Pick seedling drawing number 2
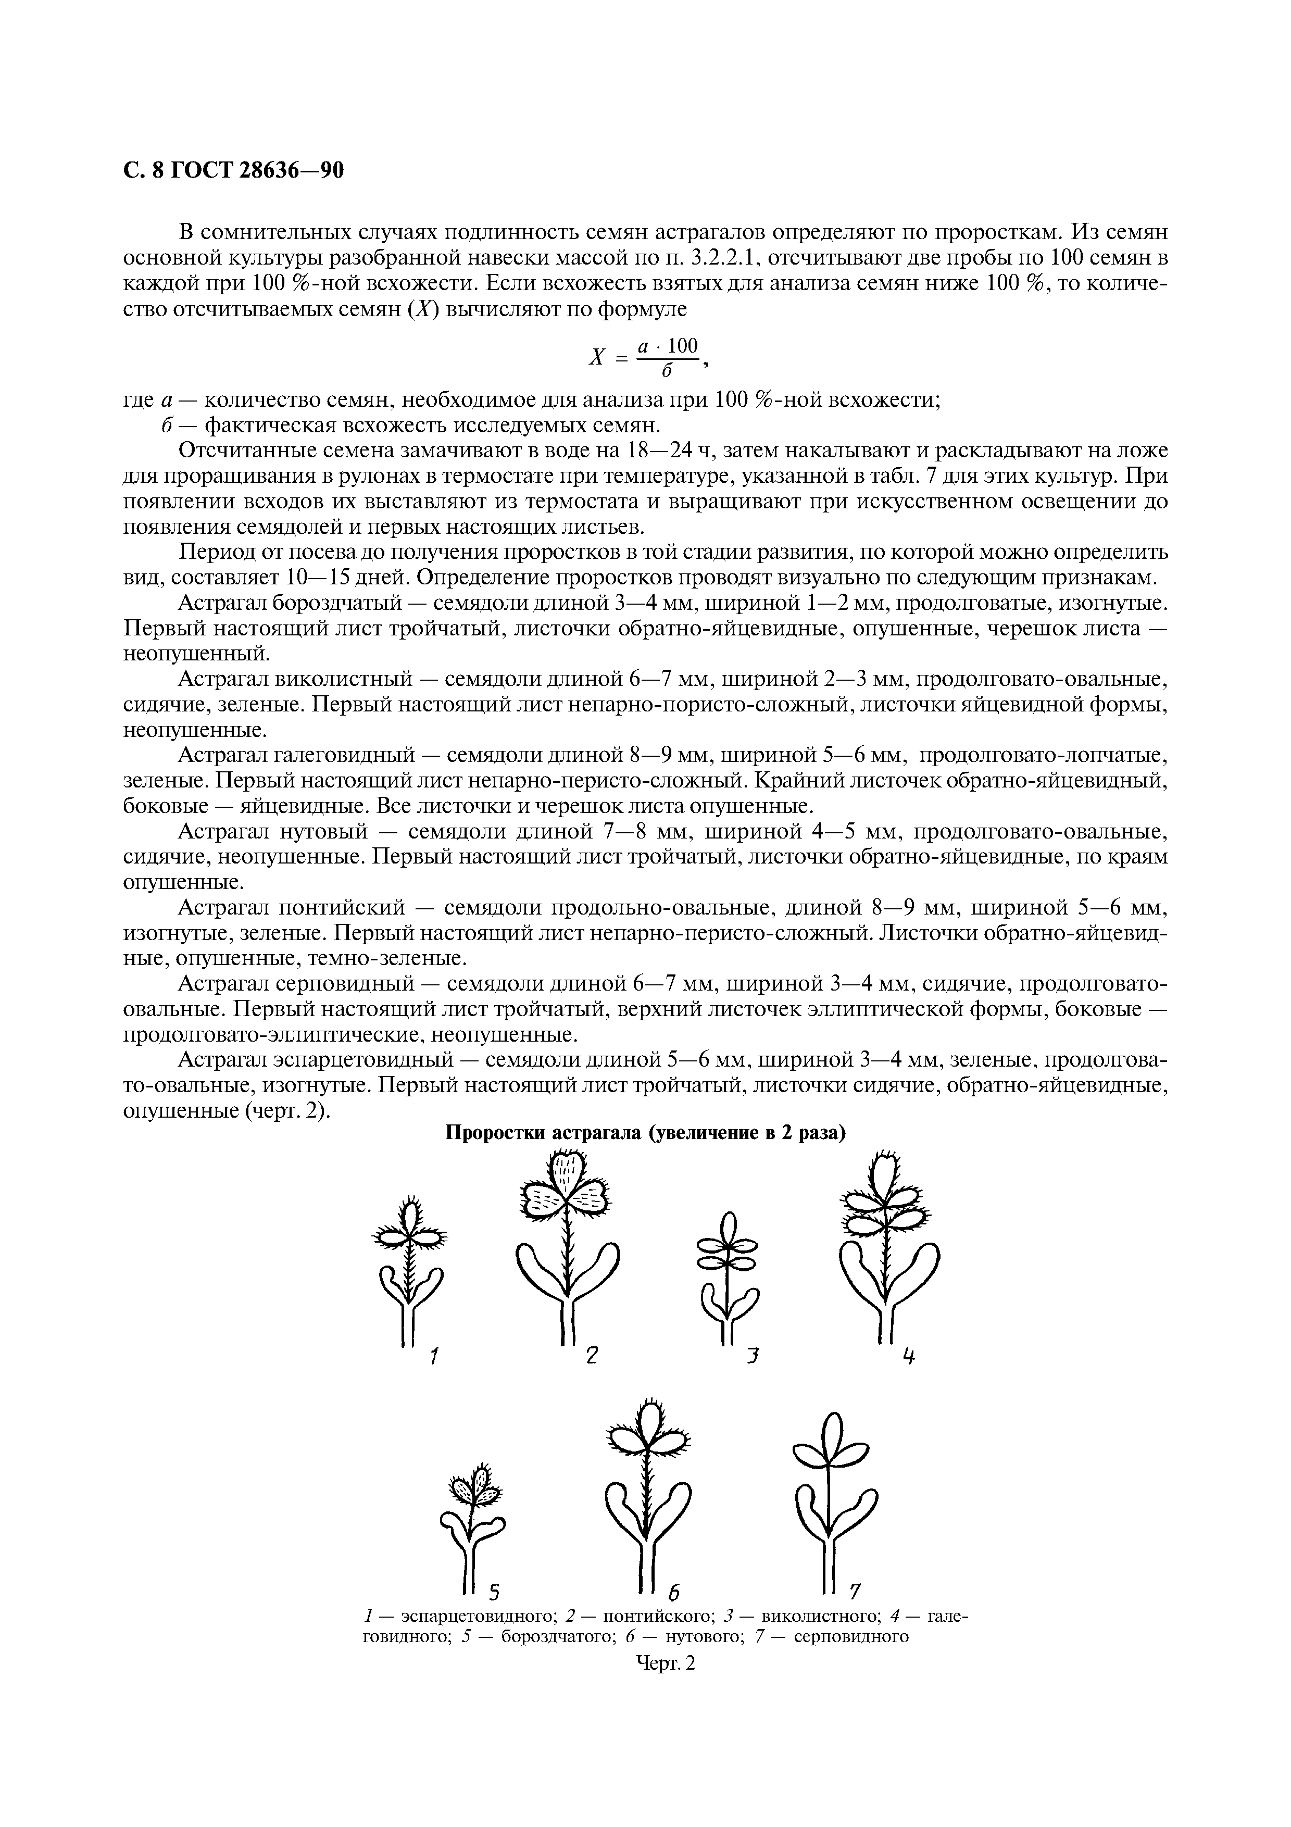[x=567, y=1245]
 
